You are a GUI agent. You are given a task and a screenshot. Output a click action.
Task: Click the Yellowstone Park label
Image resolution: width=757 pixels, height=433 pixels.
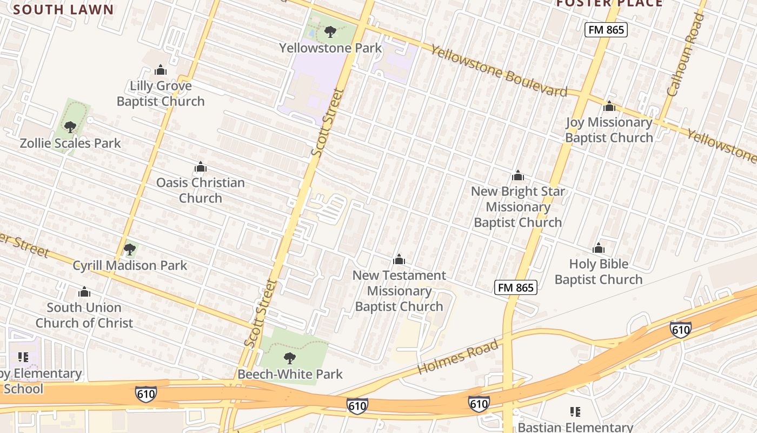(x=330, y=48)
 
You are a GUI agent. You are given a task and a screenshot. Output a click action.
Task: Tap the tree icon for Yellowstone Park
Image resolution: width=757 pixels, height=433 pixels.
(x=330, y=32)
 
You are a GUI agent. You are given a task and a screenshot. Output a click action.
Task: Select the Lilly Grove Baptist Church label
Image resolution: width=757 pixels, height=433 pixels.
(x=161, y=94)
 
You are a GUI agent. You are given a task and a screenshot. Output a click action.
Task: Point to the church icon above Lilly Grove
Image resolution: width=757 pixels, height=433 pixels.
(x=160, y=70)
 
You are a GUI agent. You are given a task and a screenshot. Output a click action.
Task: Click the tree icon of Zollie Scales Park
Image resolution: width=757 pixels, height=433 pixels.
(x=70, y=127)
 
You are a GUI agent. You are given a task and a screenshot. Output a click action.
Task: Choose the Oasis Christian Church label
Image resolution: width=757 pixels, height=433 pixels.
(x=201, y=190)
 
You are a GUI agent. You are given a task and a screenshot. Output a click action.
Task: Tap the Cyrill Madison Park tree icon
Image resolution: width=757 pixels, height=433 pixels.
(x=129, y=249)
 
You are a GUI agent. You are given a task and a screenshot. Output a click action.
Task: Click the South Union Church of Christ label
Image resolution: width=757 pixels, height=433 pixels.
(x=84, y=315)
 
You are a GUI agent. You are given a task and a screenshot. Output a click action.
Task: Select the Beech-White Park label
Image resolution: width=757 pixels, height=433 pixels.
(x=290, y=374)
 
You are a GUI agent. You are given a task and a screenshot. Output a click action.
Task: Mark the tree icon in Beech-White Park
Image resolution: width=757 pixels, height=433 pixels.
(x=290, y=358)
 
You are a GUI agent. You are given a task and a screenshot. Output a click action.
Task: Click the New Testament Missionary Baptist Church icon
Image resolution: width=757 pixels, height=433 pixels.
(x=399, y=260)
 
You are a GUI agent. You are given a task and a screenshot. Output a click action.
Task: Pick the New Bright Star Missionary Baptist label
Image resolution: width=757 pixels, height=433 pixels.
(x=518, y=207)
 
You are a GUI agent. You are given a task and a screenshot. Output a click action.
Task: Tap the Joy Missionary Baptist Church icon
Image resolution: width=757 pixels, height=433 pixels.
(x=609, y=107)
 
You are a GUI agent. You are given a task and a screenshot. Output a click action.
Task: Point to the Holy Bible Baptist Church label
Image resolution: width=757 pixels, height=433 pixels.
(x=599, y=272)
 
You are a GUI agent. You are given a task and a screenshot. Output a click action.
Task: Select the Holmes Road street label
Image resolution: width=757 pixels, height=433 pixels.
(x=458, y=357)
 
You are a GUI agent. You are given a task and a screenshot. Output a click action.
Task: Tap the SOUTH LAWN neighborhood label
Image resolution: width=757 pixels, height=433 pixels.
(x=64, y=9)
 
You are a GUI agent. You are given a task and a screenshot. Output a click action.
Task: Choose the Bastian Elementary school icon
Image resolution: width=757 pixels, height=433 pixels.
(x=575, y=412)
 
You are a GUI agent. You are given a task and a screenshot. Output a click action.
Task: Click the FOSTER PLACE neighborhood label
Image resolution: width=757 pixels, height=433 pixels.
(x=609, y=3)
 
